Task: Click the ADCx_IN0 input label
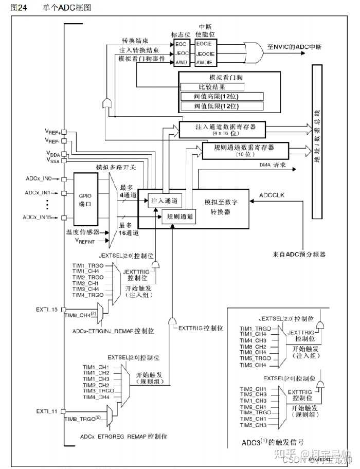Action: [39, 179]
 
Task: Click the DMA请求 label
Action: [273, 167]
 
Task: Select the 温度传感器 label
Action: [82, 232]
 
